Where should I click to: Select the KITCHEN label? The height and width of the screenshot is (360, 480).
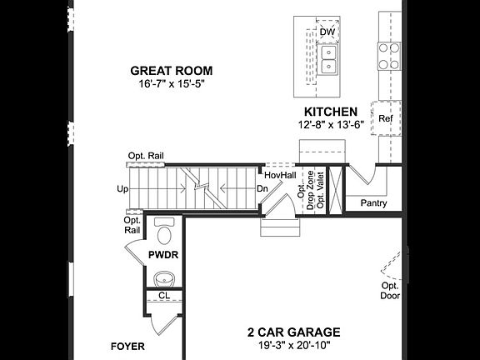tap(331, 111)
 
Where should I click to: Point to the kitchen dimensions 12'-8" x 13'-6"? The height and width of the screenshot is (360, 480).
tap(331, 124)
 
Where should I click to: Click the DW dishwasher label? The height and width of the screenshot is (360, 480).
tap(327, 32)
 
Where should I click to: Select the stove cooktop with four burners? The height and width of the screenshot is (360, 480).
tap(389, 55)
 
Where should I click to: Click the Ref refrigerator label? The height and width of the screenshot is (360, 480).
tap(385, 119)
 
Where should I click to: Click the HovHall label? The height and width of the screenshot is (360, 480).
tap(280, 176)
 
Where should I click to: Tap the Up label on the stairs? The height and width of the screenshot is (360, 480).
tap(122, 189)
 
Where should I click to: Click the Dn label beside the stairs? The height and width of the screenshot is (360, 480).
tap(262, 189)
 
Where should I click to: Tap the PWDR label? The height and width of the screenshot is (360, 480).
tap(163, 253)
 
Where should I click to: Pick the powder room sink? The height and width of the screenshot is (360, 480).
tap(165, 277)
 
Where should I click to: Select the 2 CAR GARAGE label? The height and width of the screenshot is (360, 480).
tap(293, 332)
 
